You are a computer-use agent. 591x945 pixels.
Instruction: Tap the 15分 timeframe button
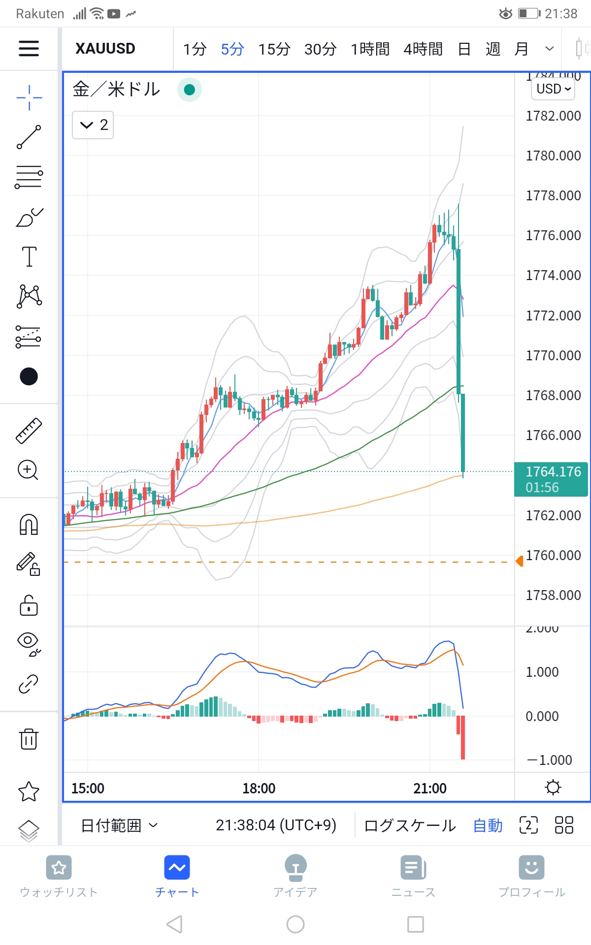coord(274,49)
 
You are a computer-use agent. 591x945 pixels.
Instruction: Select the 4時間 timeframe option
coord(423,49)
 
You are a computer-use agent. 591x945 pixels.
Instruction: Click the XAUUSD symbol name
coord(105,49)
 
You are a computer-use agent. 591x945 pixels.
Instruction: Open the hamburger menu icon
coord(29,48)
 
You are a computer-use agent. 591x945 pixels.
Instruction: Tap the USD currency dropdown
coord(553,89)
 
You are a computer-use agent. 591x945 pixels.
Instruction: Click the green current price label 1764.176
coord(551,479)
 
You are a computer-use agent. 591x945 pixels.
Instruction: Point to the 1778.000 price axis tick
coord(553,196)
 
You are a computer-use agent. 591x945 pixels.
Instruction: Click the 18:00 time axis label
coord(259,788)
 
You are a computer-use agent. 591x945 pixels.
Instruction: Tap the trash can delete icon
coord(29,739)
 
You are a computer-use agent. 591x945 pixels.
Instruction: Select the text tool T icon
coord(29,256)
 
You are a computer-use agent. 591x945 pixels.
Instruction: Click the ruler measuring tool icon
coord(29,431)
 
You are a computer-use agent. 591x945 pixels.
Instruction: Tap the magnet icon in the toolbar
coord(29,524)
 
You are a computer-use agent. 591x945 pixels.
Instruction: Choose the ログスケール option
coord(410,825)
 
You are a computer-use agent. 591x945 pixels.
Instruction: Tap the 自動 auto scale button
coord(488,825)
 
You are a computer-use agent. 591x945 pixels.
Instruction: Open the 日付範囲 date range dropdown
coord(119,825)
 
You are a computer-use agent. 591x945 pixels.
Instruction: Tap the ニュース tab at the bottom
coord(413,877)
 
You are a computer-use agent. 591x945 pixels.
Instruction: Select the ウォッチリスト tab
coord(59,877)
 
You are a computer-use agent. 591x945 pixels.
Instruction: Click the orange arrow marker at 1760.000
coord(519,561)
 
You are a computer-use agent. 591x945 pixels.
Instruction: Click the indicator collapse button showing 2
coord(93,125)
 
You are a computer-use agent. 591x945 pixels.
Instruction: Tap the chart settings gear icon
coord(553,787)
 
